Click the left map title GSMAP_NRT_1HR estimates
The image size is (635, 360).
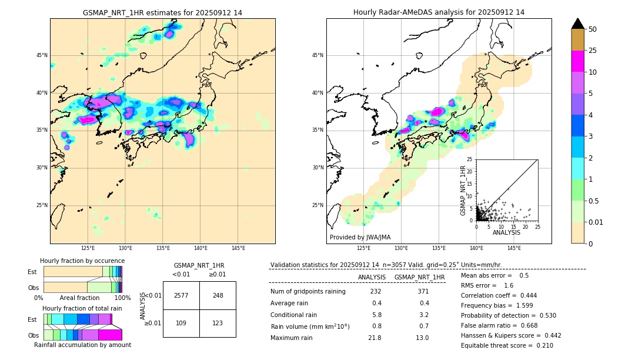tap(162, 12)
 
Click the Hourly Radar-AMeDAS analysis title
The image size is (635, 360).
tap(439, 12)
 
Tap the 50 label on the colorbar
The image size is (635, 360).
tap(593, 29)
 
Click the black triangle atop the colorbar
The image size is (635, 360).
tap(578, 24)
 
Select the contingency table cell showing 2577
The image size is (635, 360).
tap(181, 295)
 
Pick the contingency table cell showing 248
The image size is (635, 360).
tap(218, 295)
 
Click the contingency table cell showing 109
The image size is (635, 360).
tap(181, 324)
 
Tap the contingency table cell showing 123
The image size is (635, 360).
tap(218, 324)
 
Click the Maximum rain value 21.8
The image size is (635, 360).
tap(375, 338)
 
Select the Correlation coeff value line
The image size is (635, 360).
tap(499, 295)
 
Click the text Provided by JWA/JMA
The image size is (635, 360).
tap(360, 238)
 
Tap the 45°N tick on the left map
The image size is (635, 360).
tap(42, 55)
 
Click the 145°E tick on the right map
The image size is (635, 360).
tap(514, 248)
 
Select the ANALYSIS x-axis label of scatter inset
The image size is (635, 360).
tap(506, 232)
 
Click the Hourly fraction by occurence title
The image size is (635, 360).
tap(82, 261)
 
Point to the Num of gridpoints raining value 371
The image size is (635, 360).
tap(423, 291)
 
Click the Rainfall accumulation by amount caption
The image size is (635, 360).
tap(82, 345)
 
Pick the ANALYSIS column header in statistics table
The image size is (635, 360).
tap(372, 277)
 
